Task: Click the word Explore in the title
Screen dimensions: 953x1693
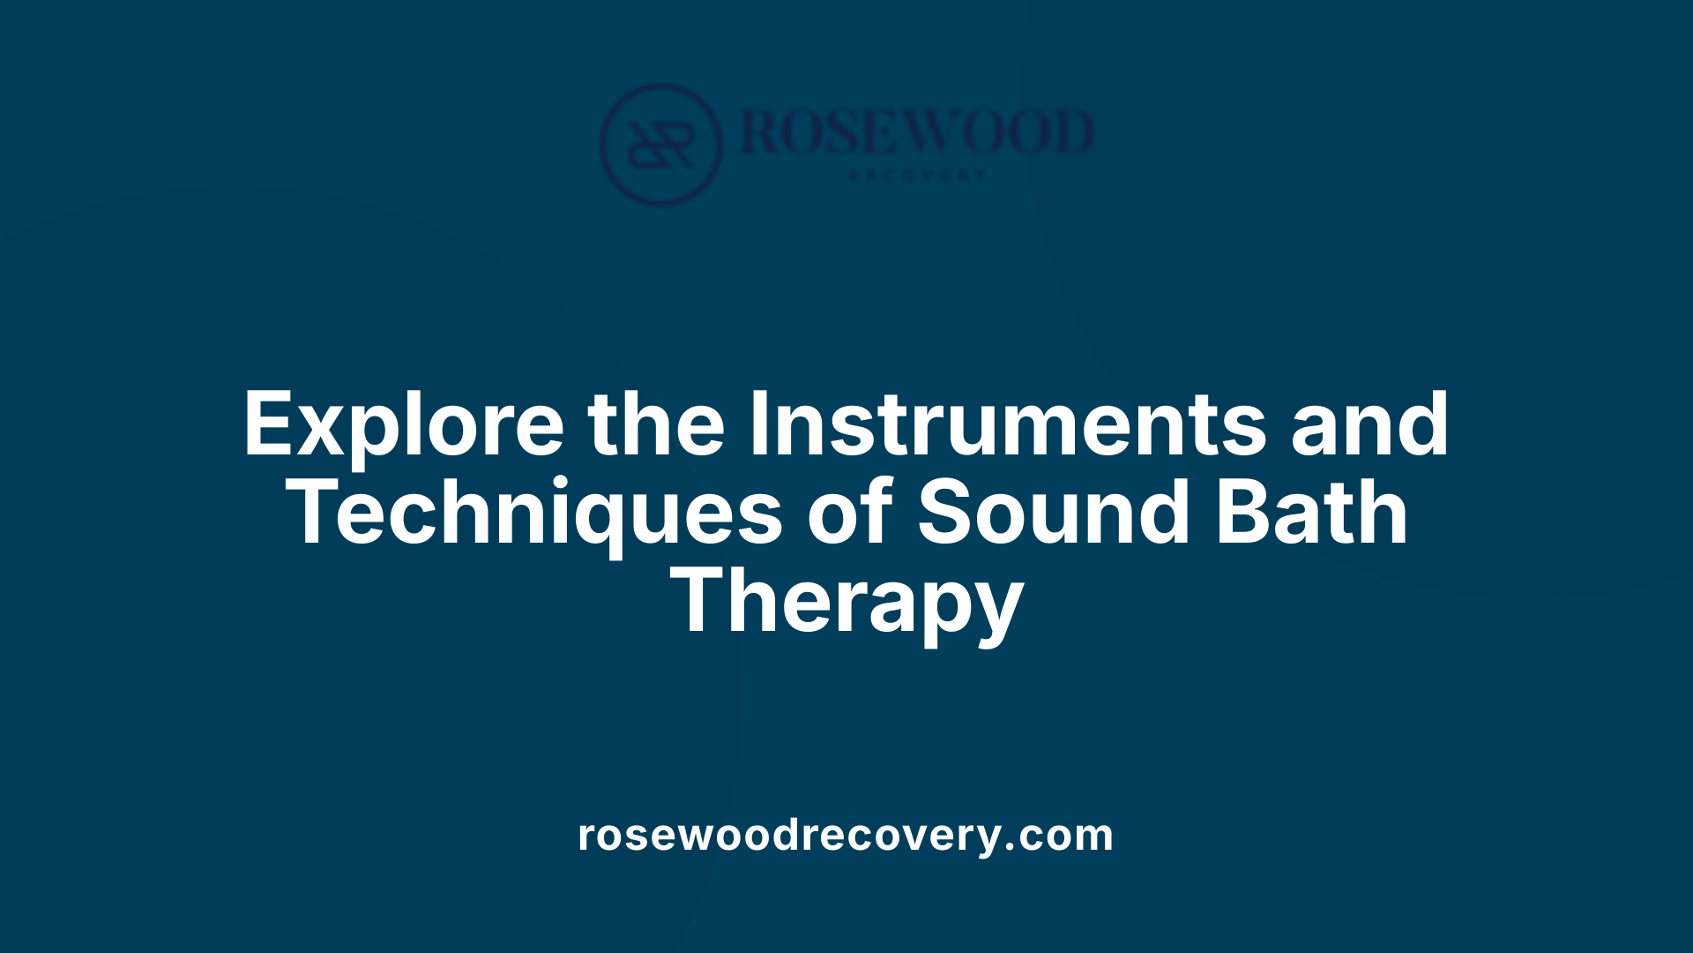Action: [x=403, y=425]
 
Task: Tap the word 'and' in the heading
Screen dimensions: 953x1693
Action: [x=1369, y=425]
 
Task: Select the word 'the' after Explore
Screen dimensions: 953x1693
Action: [x=657, y=425]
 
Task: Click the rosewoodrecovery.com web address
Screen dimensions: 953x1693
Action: [x=846, y=835]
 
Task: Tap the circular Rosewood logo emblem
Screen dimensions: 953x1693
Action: [x=660, y=145]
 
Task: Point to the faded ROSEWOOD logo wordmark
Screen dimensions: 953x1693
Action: [x=917, y=132]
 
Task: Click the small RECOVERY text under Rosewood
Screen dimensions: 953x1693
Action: [x=917, y=176]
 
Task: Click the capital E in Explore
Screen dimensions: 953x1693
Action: [x=268, y=425]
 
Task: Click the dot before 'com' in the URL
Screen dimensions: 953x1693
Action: [x=1011, y=847]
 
